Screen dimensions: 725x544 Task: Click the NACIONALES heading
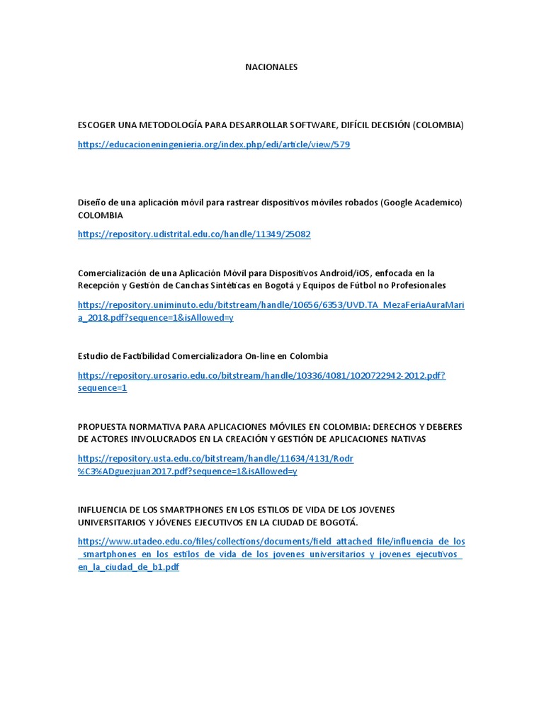click(x=271, y=67)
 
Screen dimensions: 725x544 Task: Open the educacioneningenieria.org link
click(x=213, y=144)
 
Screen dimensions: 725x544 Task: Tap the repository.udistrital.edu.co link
click(x=194, y=234)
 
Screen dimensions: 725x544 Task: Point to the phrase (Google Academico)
click(x=421, y=202)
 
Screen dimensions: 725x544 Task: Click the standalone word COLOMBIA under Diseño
click(x=100, y=215)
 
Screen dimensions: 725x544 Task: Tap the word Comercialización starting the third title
click(x=111, y=273)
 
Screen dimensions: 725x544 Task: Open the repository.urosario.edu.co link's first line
click(x=261, y=375)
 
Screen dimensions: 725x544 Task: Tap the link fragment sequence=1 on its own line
click(x=102, y=388)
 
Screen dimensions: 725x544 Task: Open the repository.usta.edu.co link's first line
click(x=215, y=459)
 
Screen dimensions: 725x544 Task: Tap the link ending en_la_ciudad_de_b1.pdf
click(x=128, y=568)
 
